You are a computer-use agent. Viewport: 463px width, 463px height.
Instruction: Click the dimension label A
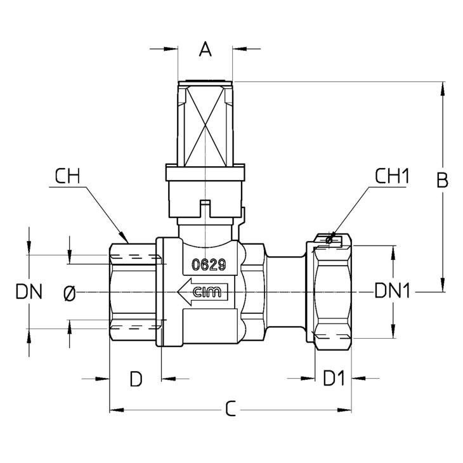(205, 48)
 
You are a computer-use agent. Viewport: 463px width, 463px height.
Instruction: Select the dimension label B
(443, 181)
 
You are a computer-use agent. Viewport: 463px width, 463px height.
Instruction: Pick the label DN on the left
(29, 292)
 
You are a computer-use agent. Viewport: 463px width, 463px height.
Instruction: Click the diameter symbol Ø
(70, 292)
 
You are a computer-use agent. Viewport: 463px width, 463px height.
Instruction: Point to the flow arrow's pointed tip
(179, 292)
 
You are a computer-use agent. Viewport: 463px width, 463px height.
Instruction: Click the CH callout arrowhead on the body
(127, 239)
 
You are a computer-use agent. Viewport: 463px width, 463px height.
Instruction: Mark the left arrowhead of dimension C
(115, 410)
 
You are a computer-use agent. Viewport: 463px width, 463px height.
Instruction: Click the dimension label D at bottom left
(136, 379)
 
